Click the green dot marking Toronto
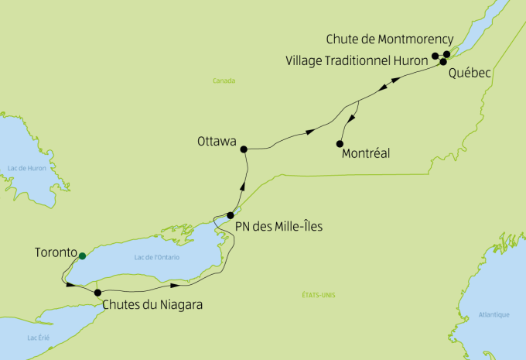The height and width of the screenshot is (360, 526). [x=82, y=255]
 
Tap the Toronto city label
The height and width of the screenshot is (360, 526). [x=56, y=252]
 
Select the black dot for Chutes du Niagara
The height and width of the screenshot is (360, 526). [x=97, y=293]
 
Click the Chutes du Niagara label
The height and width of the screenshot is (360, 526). [x=152, y=305]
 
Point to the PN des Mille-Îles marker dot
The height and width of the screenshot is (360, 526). [x=231, y=215]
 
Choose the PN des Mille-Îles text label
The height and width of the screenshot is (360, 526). [x=279, y=227]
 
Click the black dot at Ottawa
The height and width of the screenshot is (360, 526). [x=243, y=149]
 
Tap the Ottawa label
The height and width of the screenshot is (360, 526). [x=217, y=142]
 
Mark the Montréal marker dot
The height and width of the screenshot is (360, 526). [x=340, y=143]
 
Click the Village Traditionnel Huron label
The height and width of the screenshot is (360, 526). [x=357, y=60]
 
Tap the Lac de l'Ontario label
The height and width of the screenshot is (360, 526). [x=154, y=257]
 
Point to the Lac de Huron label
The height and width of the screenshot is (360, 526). [x=24, y=168]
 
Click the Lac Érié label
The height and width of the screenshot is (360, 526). [x=38, y=338]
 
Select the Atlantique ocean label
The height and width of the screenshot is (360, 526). [x=494, y=314]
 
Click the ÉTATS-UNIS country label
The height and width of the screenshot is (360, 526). [x=318, y=294]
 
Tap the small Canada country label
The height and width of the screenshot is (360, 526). [x=224, y=81]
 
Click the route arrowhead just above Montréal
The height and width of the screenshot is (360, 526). [x=353, y=118]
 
